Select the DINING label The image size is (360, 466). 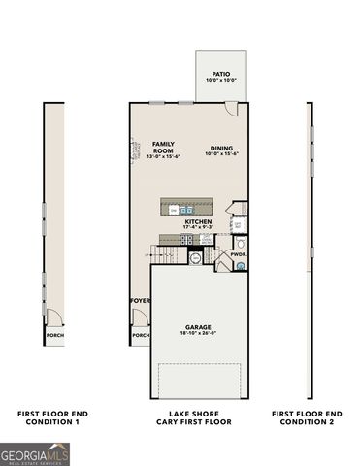click(221, 148)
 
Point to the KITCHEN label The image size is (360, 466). click(198, 221)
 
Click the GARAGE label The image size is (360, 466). click(198, 327)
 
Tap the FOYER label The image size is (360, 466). click(141, 301)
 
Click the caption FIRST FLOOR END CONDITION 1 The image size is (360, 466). click(49, 417)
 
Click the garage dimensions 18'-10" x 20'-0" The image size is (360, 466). click(198, 334)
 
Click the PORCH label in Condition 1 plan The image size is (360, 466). click(50, 335)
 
